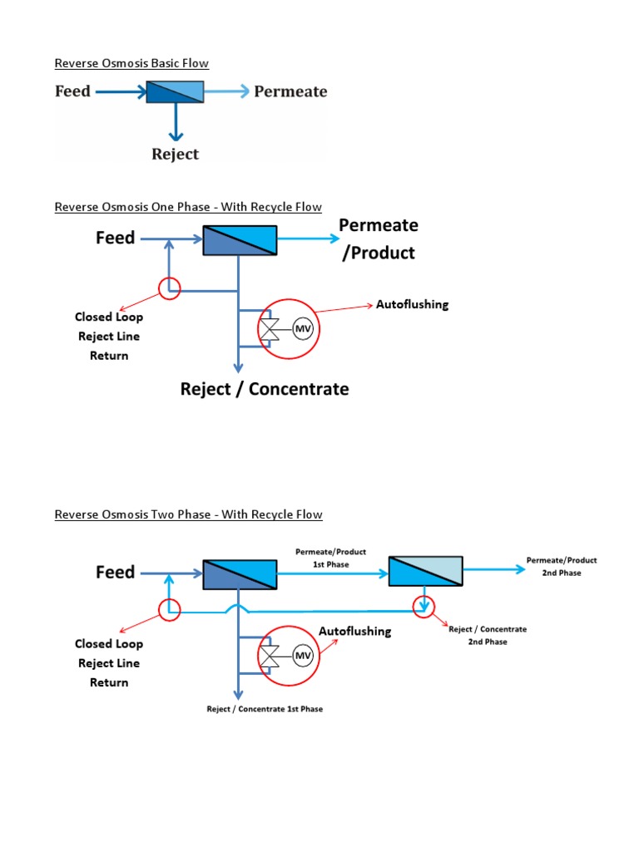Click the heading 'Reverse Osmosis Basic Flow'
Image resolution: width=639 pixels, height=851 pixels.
(x=131, y=63)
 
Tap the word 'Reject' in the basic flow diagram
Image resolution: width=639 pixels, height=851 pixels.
(x=175, y=154)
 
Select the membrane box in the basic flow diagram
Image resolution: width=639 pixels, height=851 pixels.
(x=175, y=91)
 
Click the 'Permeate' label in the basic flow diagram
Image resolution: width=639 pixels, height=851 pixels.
(x=290, y=91)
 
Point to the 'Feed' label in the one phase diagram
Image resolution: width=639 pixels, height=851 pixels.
(x=115, y=239)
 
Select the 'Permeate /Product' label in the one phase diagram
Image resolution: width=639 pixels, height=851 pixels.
(x=379, y=239)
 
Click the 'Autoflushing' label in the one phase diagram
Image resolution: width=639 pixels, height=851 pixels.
(x=412, y=304)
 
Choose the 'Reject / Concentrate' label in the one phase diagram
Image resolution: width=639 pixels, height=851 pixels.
(x=265, y=389)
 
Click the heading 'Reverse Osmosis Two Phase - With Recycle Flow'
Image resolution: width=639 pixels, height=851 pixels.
(x=188, y=514)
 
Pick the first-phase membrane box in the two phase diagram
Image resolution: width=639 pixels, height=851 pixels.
(x=240, y=573)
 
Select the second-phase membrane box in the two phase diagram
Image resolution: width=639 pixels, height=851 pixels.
(x=424, y=572)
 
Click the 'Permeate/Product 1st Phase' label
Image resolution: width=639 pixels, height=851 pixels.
(x=330, y=558)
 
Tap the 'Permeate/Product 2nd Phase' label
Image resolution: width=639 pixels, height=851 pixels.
(x=562, y=566)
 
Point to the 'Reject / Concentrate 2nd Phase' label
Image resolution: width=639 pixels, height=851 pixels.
(x=488, y=635)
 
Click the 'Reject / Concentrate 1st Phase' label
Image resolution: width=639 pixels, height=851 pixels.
(x=265, y=709)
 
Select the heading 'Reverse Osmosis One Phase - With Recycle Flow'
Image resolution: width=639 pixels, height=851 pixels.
(x=188, y=207)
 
